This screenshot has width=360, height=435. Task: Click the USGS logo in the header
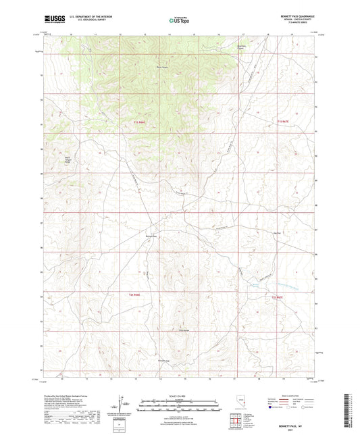tap(52, 20)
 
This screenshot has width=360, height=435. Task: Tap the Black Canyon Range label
tap(67, 161)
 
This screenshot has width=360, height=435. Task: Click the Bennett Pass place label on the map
tap(151, 236)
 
